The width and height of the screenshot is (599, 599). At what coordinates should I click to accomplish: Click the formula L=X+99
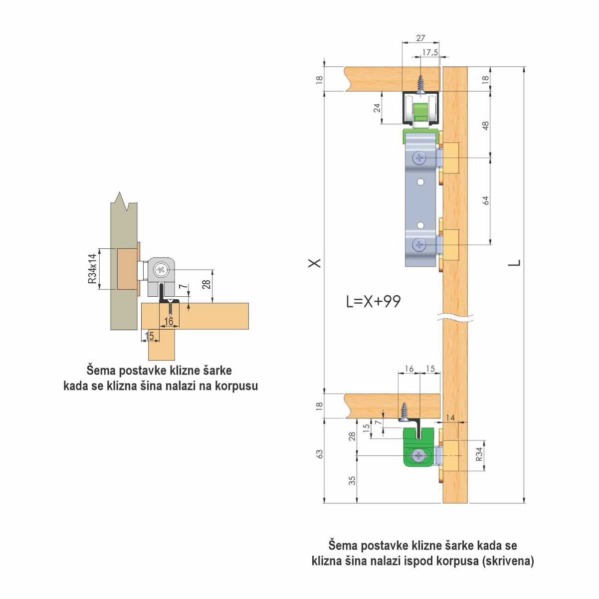coord(374,301)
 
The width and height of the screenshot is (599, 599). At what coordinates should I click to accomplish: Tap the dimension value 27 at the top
coord(420,38)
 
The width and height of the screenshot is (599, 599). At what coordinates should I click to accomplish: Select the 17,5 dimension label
coord(430,52)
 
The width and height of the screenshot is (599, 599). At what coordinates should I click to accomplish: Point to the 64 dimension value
coord(486,200)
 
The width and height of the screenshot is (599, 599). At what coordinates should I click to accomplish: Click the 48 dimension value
coord(486,126)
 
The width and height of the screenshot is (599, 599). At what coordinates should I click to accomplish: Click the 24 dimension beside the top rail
coord(377,108)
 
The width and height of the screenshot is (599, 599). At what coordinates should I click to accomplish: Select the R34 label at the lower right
coord(479,454)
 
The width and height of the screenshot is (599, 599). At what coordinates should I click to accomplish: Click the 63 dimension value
coord(320,454)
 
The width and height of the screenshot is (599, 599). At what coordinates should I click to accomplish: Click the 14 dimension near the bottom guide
coord(450,418)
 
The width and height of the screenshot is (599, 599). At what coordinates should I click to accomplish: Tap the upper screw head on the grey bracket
coord(419,158)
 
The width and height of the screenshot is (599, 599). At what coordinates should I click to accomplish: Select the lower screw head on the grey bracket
coord(419,245)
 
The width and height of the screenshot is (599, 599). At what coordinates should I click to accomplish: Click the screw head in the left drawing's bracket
coord(161,270)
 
